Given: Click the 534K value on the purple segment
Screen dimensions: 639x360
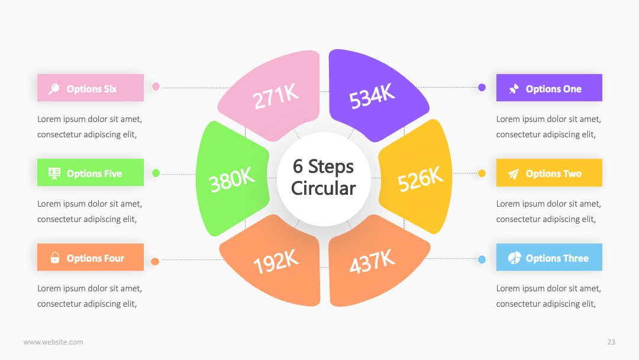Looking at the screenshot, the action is pyautogui.click(x=372, y=96).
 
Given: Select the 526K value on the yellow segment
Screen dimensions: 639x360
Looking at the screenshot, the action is pyautogui.click(x=420, y=179).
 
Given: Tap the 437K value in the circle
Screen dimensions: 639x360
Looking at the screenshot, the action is pyautogui.click(x=372, y=261).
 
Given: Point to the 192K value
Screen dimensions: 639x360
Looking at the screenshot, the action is pyautogui.click(x=276, y=261).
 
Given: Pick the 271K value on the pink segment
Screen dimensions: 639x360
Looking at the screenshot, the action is pyautogui.click(x=276, y=97).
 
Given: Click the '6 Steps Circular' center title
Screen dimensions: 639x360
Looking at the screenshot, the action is pyautogui.click(x=324, y=178).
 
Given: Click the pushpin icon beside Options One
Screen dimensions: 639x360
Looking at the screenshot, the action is pyautogui.click(x=514, y=88).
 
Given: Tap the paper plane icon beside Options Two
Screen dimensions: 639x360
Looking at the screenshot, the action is pyautogui.click(x=514, y=173).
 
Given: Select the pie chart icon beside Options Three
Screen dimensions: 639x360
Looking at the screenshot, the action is pyautogui.click(x=514, y=258).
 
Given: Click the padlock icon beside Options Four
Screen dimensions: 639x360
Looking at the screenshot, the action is pyautogui.click(x=55, y=258).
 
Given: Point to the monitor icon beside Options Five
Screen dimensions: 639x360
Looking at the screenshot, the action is pyautogui.click(x=54, y=173).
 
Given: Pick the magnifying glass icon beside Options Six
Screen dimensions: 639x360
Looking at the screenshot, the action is pyautogui.click(x=54, y=88).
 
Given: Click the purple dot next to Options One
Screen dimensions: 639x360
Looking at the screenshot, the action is pyautogui.click(x=482, y=87).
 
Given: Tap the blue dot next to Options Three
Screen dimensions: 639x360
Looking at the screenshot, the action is pyautogui.click(x=482, y=260).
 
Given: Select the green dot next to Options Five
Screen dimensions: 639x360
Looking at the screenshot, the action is pyautogui.click(x=156, y=173).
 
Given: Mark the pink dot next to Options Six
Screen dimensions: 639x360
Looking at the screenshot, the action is pyautogui.click(x=156, y=86).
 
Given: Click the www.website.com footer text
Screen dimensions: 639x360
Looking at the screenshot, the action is pyautogui.click(x=53, y=342).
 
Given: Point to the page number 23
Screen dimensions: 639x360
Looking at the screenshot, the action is pyautogui.click(x=611, y=342).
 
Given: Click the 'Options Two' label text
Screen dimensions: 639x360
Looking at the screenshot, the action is pyautogui.click(x=553, y=173).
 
